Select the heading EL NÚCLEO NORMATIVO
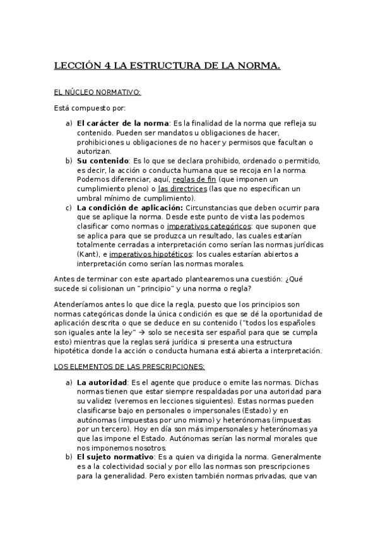(97, 93)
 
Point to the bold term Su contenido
(102, 160)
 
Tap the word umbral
(90, 198)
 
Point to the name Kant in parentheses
(88, 254)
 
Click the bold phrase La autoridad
(101, 382)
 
